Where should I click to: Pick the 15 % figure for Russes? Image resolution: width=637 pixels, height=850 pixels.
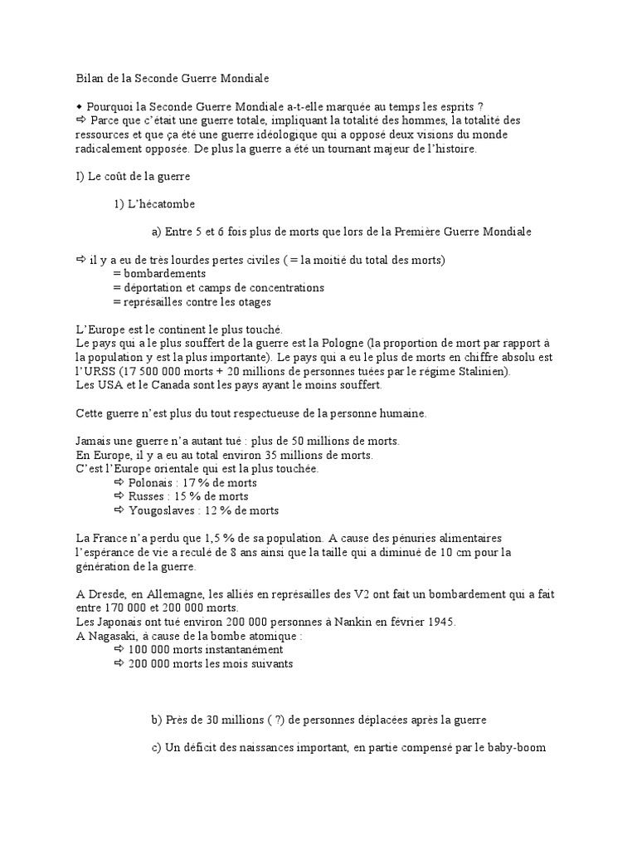[180, 496]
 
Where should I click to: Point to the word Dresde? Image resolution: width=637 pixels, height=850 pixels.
[105, 594]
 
